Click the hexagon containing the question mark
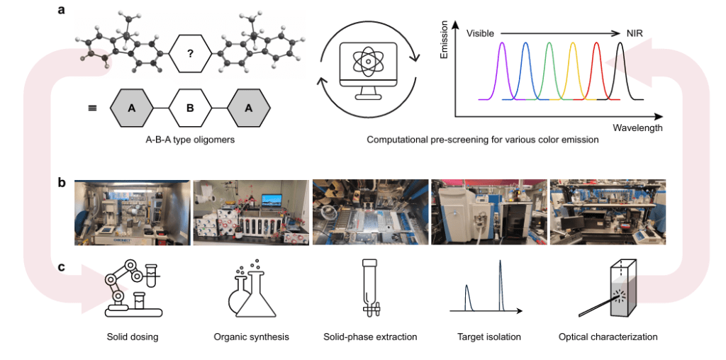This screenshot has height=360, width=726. [191, 54]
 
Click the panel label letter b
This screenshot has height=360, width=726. [63, 182]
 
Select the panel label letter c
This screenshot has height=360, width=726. [63, 267]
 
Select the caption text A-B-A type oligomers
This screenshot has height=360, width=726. [190, 140]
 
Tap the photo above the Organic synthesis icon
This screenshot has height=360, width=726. [251, 213]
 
